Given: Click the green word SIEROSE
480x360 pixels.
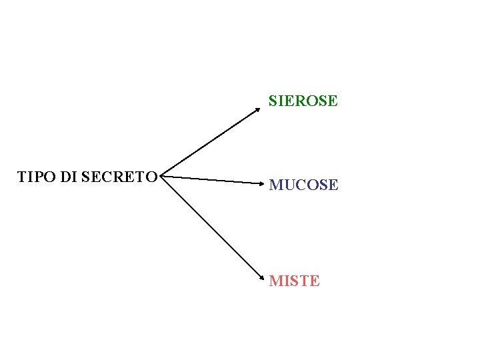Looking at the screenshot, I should pyautogui.click(x=303, y=101).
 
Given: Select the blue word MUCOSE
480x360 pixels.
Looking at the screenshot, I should pyautogui.click(x=303, y=185).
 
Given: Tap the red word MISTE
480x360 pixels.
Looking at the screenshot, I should pyautogui.click(x=294, y=281).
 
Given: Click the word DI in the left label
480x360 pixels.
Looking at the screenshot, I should pyautogui.click(x=69, y=177).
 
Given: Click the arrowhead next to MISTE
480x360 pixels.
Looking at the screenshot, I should pyautogui.click(x=261, y=276).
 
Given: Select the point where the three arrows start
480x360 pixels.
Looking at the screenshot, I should pyautogui.click(x=163, y=177).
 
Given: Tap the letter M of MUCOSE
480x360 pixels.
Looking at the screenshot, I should pyautogui.click(x=275, y=185).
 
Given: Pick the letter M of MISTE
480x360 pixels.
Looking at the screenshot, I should pyautogui.click(x=275, y=281).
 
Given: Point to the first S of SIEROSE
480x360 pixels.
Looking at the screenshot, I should pyautogui.click(x=273, y=101).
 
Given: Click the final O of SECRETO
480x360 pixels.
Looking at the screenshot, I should pyautogui.click(x=151, y=177).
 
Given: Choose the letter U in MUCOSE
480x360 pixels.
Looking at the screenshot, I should pyautogui.click(x=288, y=185).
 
